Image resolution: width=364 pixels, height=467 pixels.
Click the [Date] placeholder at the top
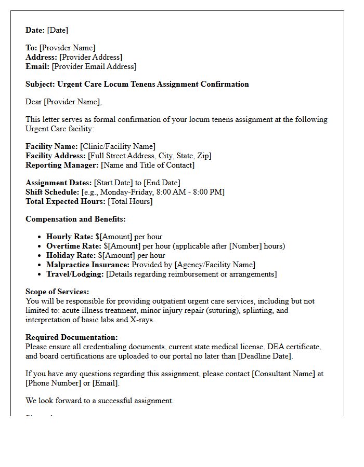pyautogui.click(x=58, y=30)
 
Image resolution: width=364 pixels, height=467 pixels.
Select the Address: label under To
pyautogui.click(x=42, y=57)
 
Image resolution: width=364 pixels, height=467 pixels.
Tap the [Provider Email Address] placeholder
pyautogui.click(x=94, y=66)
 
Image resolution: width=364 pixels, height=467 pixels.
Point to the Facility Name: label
pyautogui.click(x=51, y=146)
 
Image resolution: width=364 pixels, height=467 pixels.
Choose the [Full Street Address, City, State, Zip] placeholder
pyautogui.click(x=150, y=156)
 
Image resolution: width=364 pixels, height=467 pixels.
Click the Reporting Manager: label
pyautogui.click(x=62, y=165)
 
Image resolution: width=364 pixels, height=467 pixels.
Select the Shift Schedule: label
pyautogui.click(x=53, y=192)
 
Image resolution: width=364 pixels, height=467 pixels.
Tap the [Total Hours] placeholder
pyautogui.click(x=130, y=201)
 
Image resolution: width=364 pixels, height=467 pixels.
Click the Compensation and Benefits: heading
pyautogui.click(x=75, y=219)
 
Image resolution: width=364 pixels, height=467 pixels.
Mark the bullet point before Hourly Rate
pyautogui.click(x=40, y=237)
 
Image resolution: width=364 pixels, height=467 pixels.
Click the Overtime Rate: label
pyautogui.click(x=74, y=246)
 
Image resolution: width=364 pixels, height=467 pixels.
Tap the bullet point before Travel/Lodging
pyautogui.click(x=40, y=274)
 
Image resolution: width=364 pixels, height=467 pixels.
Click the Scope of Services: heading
pyautogui.click(x=57, y=292)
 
